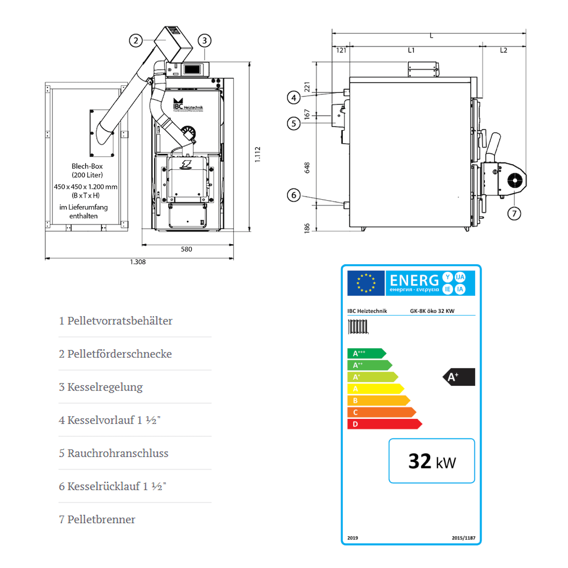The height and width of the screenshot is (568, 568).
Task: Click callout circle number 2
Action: coord(136,41)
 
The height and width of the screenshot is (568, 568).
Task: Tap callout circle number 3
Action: coord(204,41)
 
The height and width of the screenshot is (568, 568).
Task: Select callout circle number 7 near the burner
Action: coord(515,213)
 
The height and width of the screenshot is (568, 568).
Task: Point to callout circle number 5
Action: coord(294,124)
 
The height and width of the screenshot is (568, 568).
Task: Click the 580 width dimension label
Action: coord(186,249)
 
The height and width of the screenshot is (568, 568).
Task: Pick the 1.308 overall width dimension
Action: coord(138,262)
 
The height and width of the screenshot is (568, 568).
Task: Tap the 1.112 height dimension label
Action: coord(257,154)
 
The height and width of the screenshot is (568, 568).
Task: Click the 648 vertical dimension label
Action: coord(307,168)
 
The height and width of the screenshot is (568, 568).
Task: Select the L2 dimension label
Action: coord(504,50)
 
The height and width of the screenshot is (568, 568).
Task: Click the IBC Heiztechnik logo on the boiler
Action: coord(187,105)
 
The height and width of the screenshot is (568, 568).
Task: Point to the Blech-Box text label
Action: coord(87,166)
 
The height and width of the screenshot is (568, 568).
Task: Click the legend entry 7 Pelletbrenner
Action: coord(97,519)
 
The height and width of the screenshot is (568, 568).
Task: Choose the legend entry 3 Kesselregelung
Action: coord(101,387)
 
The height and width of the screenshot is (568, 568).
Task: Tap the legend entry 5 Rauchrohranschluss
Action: coord(114,453)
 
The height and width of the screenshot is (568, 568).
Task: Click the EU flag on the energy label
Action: coord(366,283)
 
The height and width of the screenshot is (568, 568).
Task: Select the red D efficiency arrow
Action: coord(383,424)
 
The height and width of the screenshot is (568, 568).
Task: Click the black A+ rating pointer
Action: coord(459,377)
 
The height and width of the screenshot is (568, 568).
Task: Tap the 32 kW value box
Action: coord(432,461)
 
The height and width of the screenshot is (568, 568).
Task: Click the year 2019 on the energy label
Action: coord(353,538)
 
